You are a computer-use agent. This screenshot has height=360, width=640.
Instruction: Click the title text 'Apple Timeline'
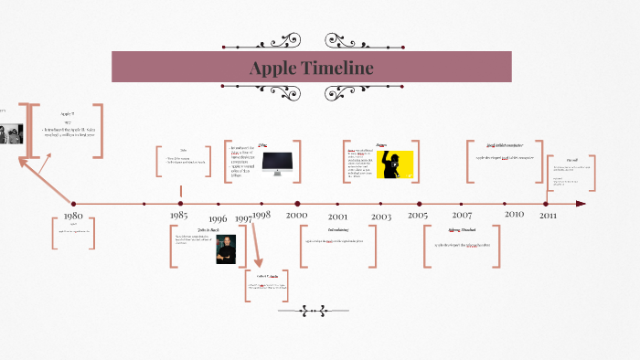coord(311,69)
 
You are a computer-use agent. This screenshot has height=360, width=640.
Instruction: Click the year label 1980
coord(73,217)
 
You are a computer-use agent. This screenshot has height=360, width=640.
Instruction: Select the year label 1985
coord(179,216)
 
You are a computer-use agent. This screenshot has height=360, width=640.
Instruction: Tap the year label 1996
coord(218,219)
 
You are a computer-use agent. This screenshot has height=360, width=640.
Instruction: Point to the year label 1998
coord(261,214)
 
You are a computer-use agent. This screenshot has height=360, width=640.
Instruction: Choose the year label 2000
coord(297,215)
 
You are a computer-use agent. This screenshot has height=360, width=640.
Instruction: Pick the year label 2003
coord(380,217)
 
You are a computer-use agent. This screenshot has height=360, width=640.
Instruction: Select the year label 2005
coord(418,215)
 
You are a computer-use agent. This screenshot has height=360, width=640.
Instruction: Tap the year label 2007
coord(463,216)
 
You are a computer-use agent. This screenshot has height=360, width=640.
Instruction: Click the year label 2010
coord(514,213)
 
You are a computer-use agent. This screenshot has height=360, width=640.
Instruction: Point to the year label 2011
coord(548,215)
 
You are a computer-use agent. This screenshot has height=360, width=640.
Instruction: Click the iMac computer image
coord(277,162)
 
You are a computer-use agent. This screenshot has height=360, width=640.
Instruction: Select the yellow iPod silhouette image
coord(395,164)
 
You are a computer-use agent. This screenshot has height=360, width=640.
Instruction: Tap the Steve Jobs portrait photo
coord(226,249)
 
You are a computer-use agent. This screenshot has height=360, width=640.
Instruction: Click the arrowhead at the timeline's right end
coord(581,204)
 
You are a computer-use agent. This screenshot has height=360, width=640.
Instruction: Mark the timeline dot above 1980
coord(74,204)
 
